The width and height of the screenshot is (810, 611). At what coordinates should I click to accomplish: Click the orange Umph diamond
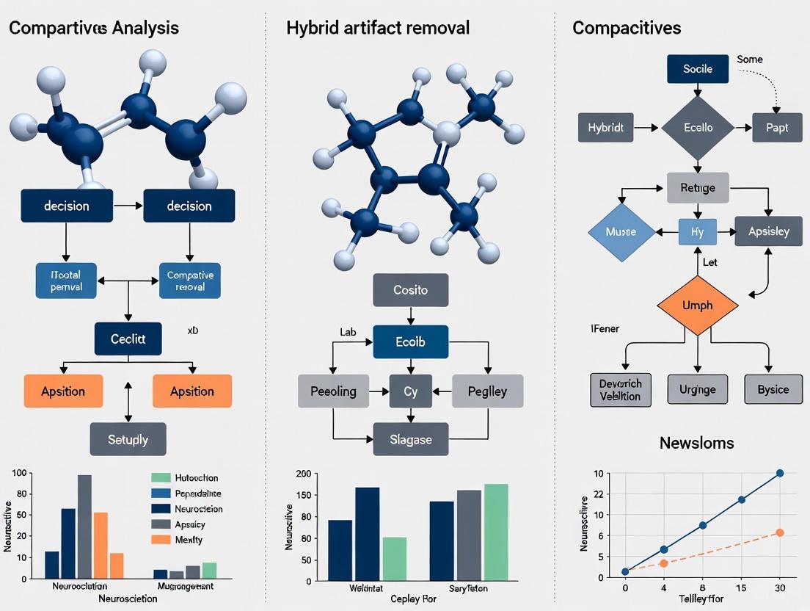click(x=696, y=305)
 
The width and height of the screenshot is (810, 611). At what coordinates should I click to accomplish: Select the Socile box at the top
click(x=697, y=69)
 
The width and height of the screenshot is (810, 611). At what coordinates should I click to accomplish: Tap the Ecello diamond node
click(x=697, y=128)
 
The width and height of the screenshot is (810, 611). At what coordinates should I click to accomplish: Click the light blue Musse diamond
click(x=621, y=232)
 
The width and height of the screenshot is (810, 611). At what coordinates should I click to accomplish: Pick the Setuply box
click(x=128, y=439)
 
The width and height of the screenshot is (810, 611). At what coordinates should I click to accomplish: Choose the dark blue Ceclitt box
click(x=128, y=339)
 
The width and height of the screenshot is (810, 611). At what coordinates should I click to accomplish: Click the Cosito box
click(x=410, y=290)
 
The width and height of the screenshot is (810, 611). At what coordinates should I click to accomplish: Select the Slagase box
click(x=410, y=440)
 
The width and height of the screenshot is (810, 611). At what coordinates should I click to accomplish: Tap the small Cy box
click(x=410, y=391)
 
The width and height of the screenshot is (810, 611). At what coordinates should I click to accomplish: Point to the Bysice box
click(x=773, y=389)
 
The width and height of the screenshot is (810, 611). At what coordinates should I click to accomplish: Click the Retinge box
click(x=698, y=188)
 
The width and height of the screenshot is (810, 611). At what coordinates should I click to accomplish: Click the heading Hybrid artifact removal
click(x=378, y=28)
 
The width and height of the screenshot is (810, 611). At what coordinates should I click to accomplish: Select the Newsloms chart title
click(x=696, y=443)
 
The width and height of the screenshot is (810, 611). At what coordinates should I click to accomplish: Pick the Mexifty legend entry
click(x=189, y=540)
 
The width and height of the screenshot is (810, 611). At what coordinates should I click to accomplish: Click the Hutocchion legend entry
click(x=196, y=478)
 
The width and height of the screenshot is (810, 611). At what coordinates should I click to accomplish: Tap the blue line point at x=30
click(x=779, y=474)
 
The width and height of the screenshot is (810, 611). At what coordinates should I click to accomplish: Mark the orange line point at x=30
click(x=779, y=532)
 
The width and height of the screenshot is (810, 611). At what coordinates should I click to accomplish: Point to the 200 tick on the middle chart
click(x=303, y=474)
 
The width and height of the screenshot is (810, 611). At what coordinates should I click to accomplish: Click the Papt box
click(x=776, y=128)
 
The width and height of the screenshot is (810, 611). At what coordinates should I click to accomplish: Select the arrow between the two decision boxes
click(x=128, y=206)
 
